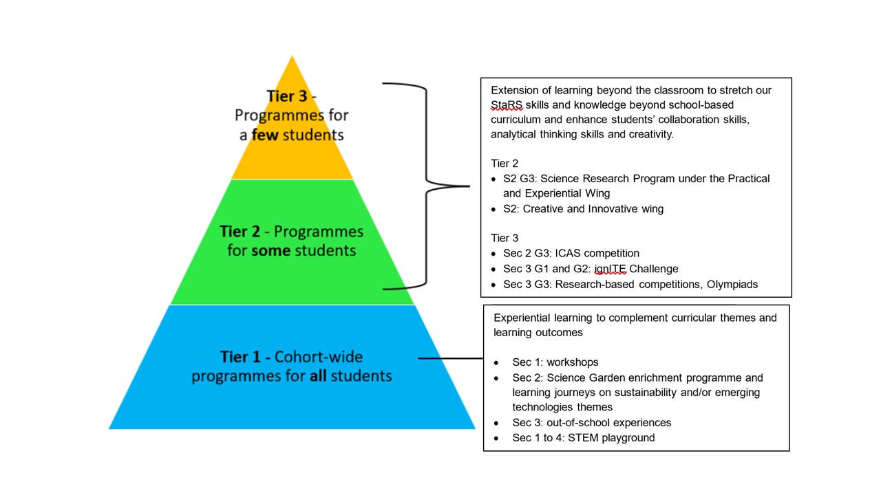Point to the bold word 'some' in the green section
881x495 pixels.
pyautogui.click(x=270, y=250)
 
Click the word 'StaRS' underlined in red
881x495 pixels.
pyautogui.click(x=506, y=105)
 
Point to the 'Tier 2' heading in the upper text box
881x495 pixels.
pyautogui.click(x=505, y=164)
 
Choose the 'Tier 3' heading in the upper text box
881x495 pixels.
pyautogui.click(x=505, y=238)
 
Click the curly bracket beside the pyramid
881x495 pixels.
pyautogui.click(x=427, y=186)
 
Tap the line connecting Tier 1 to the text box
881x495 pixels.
pyautogui.click(x=451, y=358)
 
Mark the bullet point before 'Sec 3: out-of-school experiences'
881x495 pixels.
pyautogui.click(x=496, y=423)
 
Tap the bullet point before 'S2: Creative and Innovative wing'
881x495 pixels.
pyautogui.click(x=493, y=209)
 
